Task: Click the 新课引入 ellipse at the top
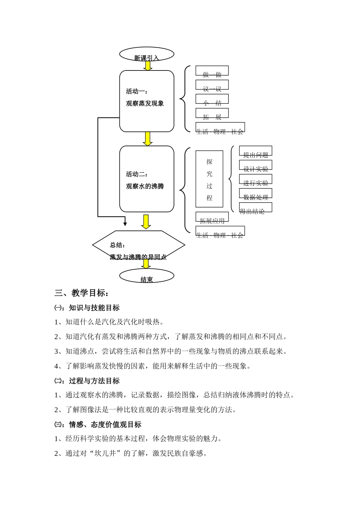click(147, 54)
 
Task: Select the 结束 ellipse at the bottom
click(147, 276)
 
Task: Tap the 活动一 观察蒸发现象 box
click(147, 101)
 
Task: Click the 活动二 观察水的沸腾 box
click(147, 179)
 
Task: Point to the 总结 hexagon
click(139, 245)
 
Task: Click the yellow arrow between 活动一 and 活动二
click(147, 139)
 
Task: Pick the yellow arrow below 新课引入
click(148, 66)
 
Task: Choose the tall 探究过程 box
click(209, 179)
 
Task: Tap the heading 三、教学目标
click(82, 293)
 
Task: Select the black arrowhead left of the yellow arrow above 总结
click(125, 224)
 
